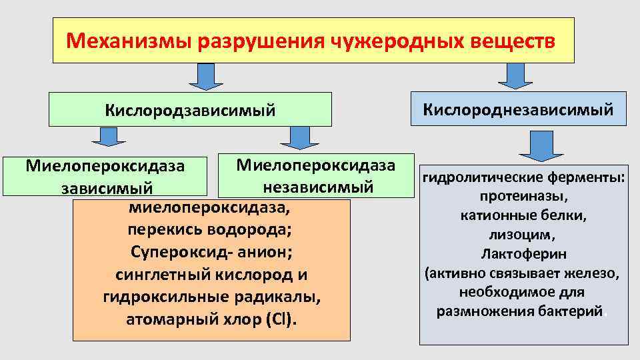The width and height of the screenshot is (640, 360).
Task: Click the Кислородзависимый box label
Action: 189,109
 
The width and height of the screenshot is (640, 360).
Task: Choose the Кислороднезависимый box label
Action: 518,109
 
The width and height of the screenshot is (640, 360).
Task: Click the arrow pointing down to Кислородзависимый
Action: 205,76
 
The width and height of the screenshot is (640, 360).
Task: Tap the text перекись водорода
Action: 210,230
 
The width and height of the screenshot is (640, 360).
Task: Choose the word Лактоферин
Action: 523,254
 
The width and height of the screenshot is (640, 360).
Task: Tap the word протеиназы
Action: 523,197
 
